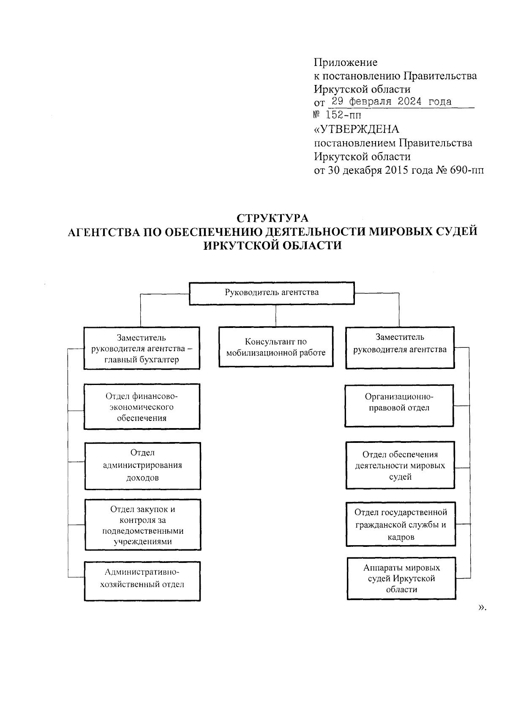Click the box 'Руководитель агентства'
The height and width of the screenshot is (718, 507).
click(271, 293)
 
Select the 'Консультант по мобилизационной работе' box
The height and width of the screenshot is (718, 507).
click(275, 347)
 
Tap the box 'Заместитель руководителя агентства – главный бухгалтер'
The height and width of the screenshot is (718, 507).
click(142, 348)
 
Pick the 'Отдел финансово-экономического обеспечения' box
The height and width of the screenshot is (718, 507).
click(142, 407)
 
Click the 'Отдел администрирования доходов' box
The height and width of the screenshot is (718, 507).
click(142, 465)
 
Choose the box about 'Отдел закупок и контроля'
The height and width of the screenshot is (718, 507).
click(142, 525)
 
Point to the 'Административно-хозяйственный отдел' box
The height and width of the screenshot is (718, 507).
click(142, 581)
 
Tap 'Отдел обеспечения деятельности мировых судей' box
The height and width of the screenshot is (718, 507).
click(400, 465)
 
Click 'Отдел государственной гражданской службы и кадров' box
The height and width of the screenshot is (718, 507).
click(401, 524)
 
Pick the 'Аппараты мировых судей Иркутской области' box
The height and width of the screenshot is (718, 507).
click(401, 578)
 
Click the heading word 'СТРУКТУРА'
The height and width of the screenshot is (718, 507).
click(273, 218)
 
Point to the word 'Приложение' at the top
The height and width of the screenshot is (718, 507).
click(345, 63)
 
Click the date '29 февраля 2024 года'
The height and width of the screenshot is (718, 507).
click(392, 102)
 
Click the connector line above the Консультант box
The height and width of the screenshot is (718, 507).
click(275, 316)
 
